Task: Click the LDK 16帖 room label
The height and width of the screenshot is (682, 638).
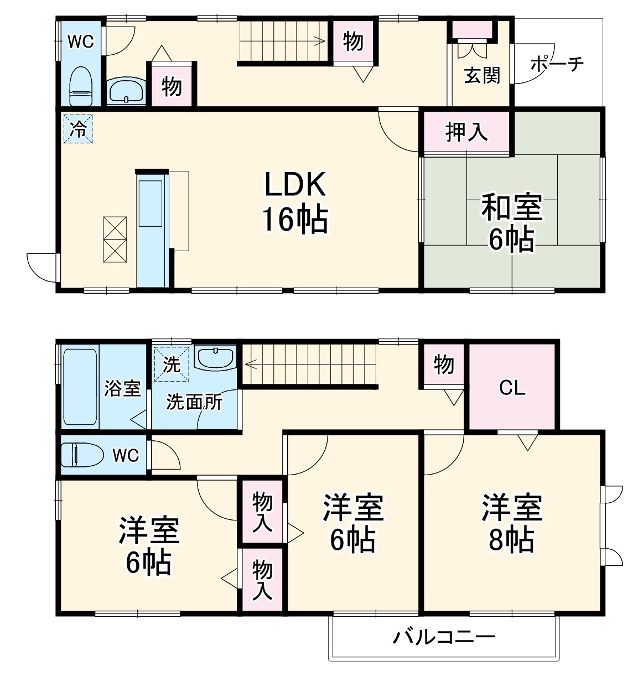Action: pos(295,202)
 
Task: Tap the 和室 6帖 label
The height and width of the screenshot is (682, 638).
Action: pos(511,223)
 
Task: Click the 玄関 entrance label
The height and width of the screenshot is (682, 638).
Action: pos(482,75)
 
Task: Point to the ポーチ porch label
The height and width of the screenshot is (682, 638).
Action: pos(557,64)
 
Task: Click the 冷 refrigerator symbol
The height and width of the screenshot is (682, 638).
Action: pos(78,129)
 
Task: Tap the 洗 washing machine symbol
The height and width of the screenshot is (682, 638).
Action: pos(172,364)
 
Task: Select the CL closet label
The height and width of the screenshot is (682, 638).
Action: pos(512,388)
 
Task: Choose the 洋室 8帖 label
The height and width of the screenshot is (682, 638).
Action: pos(511,523)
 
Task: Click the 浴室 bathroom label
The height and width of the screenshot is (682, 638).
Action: pos(122,388)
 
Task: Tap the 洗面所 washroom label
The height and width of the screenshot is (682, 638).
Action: pos(194,402)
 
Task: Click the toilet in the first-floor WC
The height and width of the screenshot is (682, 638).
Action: pos(80,86)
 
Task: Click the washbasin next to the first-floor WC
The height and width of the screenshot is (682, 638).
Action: pos(126,91)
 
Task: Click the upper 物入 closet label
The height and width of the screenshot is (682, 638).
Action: pos(262,512)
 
